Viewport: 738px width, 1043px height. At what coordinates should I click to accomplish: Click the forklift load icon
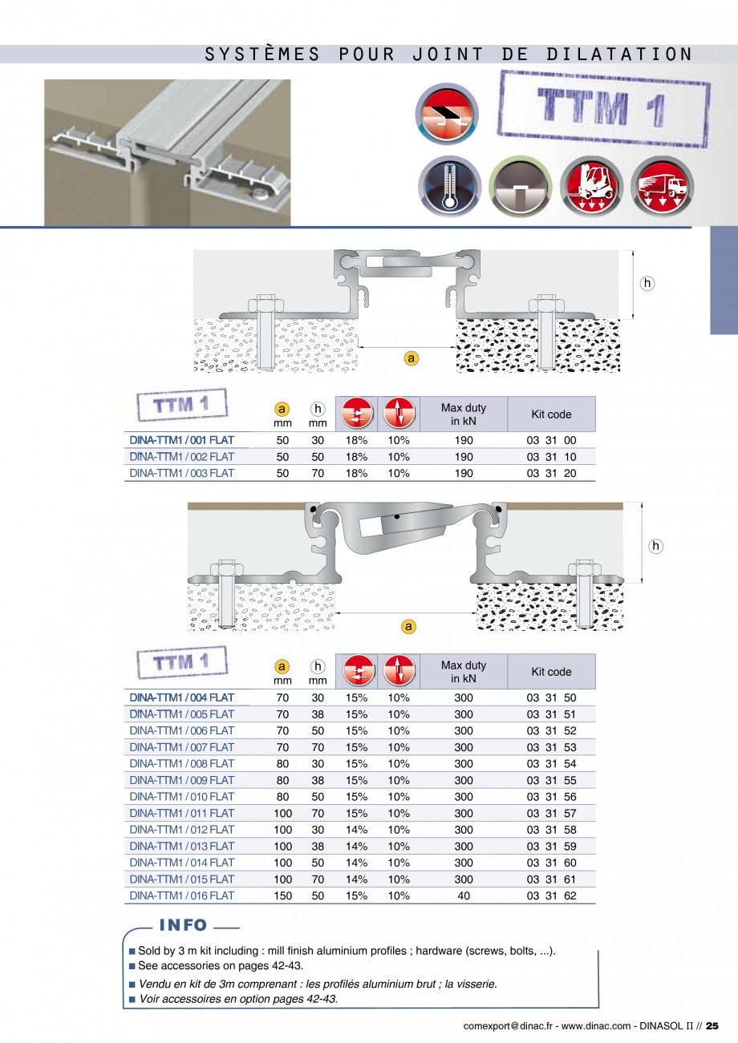pyautogui.click(x=591, y=187)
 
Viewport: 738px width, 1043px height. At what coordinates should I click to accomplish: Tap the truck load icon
pyautogui.click(x=662, y=187)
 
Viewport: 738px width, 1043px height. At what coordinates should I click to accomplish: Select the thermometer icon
pyautogui.click(x=449, y=187)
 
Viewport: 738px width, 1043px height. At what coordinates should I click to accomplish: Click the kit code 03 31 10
pyautogui.click(x=551, y=457)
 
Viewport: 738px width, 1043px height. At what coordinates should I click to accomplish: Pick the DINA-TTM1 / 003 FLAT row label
pyautogui.click(x=182, y=473)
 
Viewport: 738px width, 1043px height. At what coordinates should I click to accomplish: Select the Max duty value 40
pyautogui.click(x=464, y=895)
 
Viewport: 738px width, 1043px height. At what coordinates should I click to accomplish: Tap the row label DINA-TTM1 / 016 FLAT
pyautogui.click(x=182, y=895)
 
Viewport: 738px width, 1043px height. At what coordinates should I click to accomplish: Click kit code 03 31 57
pyautogui.click(x=551, y=813)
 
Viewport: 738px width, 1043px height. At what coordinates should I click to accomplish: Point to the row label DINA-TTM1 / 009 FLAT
pyautogui.click(x=182, y=780)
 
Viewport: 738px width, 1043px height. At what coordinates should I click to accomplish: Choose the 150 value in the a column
pyautogui.click(x=283, y=895)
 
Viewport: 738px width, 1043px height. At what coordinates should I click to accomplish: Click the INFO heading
pyautogui.click(x=183, y=925)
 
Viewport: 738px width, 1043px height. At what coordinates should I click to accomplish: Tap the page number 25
pyautogui.click(x=712, y=1026)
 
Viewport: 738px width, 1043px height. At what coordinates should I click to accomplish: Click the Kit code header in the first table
pyautogui.click(x=551, y=414)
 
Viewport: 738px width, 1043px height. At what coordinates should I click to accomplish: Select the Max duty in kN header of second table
pyautogui.click(x=464, y=672)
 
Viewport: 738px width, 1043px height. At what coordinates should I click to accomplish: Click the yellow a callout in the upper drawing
pyautogui.click(x=411, y=358)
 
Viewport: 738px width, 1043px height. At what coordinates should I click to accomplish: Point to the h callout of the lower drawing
pyautogui.click(x=655, y=546)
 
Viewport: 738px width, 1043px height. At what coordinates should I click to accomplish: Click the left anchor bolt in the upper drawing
pyautogui.click(x=266, y=332)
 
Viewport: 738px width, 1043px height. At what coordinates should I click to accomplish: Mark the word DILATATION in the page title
pyautogui.click(x=619, y=54)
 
